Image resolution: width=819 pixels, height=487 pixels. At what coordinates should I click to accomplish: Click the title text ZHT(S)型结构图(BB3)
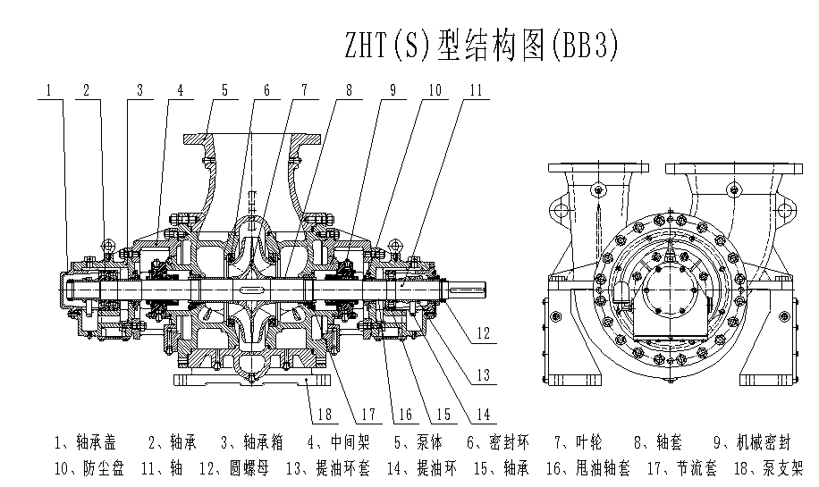481,44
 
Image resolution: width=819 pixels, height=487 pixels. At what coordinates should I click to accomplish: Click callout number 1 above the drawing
50,89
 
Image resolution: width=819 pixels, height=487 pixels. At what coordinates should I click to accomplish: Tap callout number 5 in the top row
224,89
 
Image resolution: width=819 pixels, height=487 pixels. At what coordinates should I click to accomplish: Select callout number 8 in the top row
348,89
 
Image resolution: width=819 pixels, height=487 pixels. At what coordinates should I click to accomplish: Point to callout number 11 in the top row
476,89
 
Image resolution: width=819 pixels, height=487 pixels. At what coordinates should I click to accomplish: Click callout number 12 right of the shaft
483,334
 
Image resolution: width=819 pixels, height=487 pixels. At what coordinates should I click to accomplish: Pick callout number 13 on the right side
483,375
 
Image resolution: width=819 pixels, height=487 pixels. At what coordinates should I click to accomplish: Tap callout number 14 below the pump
483,414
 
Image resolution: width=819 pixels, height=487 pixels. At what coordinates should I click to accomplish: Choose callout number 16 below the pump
405,414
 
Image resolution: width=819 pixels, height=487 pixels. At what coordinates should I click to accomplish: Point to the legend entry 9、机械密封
753,442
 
